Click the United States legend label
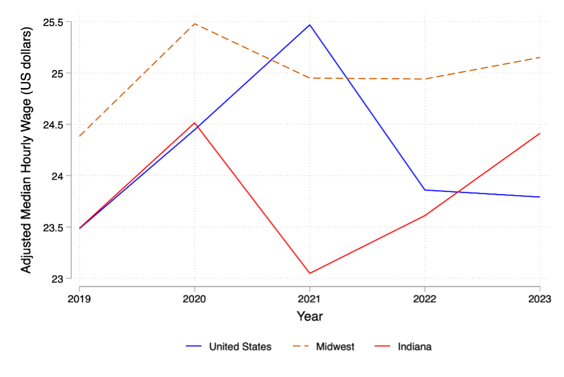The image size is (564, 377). [x=240, y=346]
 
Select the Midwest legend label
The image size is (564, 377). [x=335, y=346]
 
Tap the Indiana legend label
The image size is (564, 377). [x=414, y=346]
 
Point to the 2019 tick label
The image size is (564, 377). [x=79, y=299]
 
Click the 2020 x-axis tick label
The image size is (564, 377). [x=195, y=299]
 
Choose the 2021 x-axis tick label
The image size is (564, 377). [x=310, y=299]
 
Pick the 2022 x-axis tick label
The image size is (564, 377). [x=425, y=299]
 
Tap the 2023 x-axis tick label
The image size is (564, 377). [x=539, y=299]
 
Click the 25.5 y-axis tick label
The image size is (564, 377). [x=54, y=22]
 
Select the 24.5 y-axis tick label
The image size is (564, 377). [x=54, y=125]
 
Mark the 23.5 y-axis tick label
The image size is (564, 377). [x=54, y=227]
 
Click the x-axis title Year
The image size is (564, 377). [x=310, y=316]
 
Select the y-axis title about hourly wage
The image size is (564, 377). [x=27, y=150]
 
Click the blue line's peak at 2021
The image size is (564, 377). [x=310, y=25]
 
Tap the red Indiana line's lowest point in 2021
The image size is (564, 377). [x=310, y=273]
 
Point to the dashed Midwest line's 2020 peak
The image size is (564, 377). [x=195, y=23]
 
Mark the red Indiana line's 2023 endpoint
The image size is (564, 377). [x=540, y=133]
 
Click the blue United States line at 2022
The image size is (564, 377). [x=425, y=190]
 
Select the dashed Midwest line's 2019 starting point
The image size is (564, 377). [x=80, y=136]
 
